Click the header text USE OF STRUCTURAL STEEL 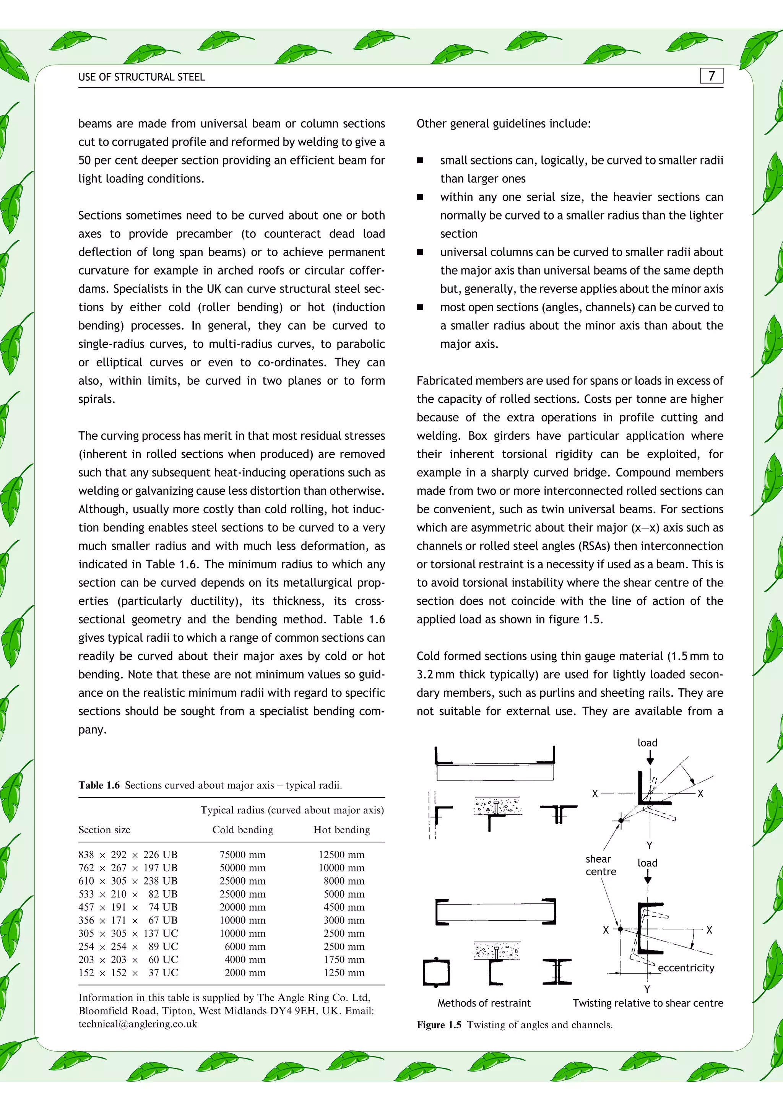141,77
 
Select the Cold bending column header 242,830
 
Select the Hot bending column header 341,830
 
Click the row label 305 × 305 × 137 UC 128,933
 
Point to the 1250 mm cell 344,973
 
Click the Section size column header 104,830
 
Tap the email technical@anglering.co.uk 138,1024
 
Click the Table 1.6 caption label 99,785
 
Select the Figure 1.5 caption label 439,1024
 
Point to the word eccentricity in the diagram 686,968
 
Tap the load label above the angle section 647,743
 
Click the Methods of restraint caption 484,1003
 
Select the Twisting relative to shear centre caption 648,1003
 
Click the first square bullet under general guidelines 420,160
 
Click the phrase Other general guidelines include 503,124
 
